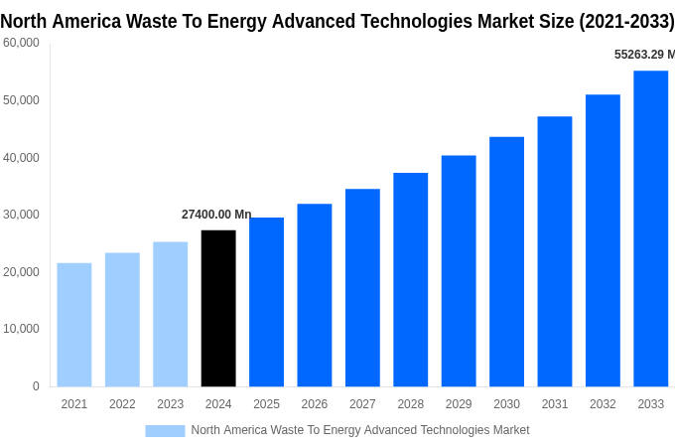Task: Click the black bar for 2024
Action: click(x=218, y=308)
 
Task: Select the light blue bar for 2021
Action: click(x=74, y=325)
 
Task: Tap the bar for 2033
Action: click(x=651, y=228)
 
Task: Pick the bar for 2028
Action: click(x=411, y=279)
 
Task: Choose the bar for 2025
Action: click(x=266, y=302)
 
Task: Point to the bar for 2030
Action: click(x=506, y=261)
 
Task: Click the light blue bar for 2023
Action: click(x=170, y=314)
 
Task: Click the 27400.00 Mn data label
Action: click(x=216, y=215)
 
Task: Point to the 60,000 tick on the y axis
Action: click(x=21, y=43)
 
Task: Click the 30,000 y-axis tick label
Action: click(x=21, y=215)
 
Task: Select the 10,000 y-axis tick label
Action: click(x=21, y=329)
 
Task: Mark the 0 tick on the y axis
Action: click(x=36, y=386)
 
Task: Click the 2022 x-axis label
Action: click(x=122, y=404)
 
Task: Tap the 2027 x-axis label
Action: click(x=362, y=404)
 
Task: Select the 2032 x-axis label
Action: click(x=603, y=404)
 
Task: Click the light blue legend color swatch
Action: click(x=165, y=430)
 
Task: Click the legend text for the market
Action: click(x=360, y=430)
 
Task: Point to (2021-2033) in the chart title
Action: click(x=626, y=22)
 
